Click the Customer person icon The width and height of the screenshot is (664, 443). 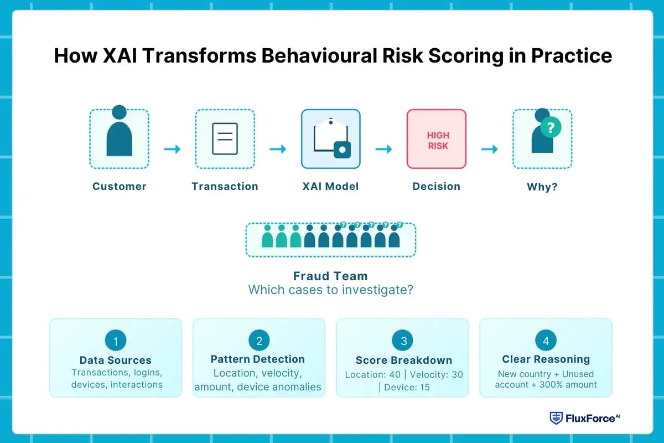[119, 133]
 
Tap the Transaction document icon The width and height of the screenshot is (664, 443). [225, 138]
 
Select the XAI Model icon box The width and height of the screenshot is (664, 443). [330, 138]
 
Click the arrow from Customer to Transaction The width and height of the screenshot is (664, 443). [172, 149]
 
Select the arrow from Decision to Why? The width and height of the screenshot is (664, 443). [489, 149]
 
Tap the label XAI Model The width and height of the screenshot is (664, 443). [330, 187]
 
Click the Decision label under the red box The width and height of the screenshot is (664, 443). [436, 187]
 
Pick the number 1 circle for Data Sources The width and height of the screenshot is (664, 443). [115, 341]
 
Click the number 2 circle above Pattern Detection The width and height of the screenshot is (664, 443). [258, 341]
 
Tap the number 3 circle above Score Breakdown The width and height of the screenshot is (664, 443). [402, 341]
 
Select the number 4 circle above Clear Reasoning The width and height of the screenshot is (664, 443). [546, 341]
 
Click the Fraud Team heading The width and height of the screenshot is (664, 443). [330, 276]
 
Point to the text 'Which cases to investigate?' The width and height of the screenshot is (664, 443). [330, 290]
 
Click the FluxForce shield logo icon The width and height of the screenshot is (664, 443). [556, 418]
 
